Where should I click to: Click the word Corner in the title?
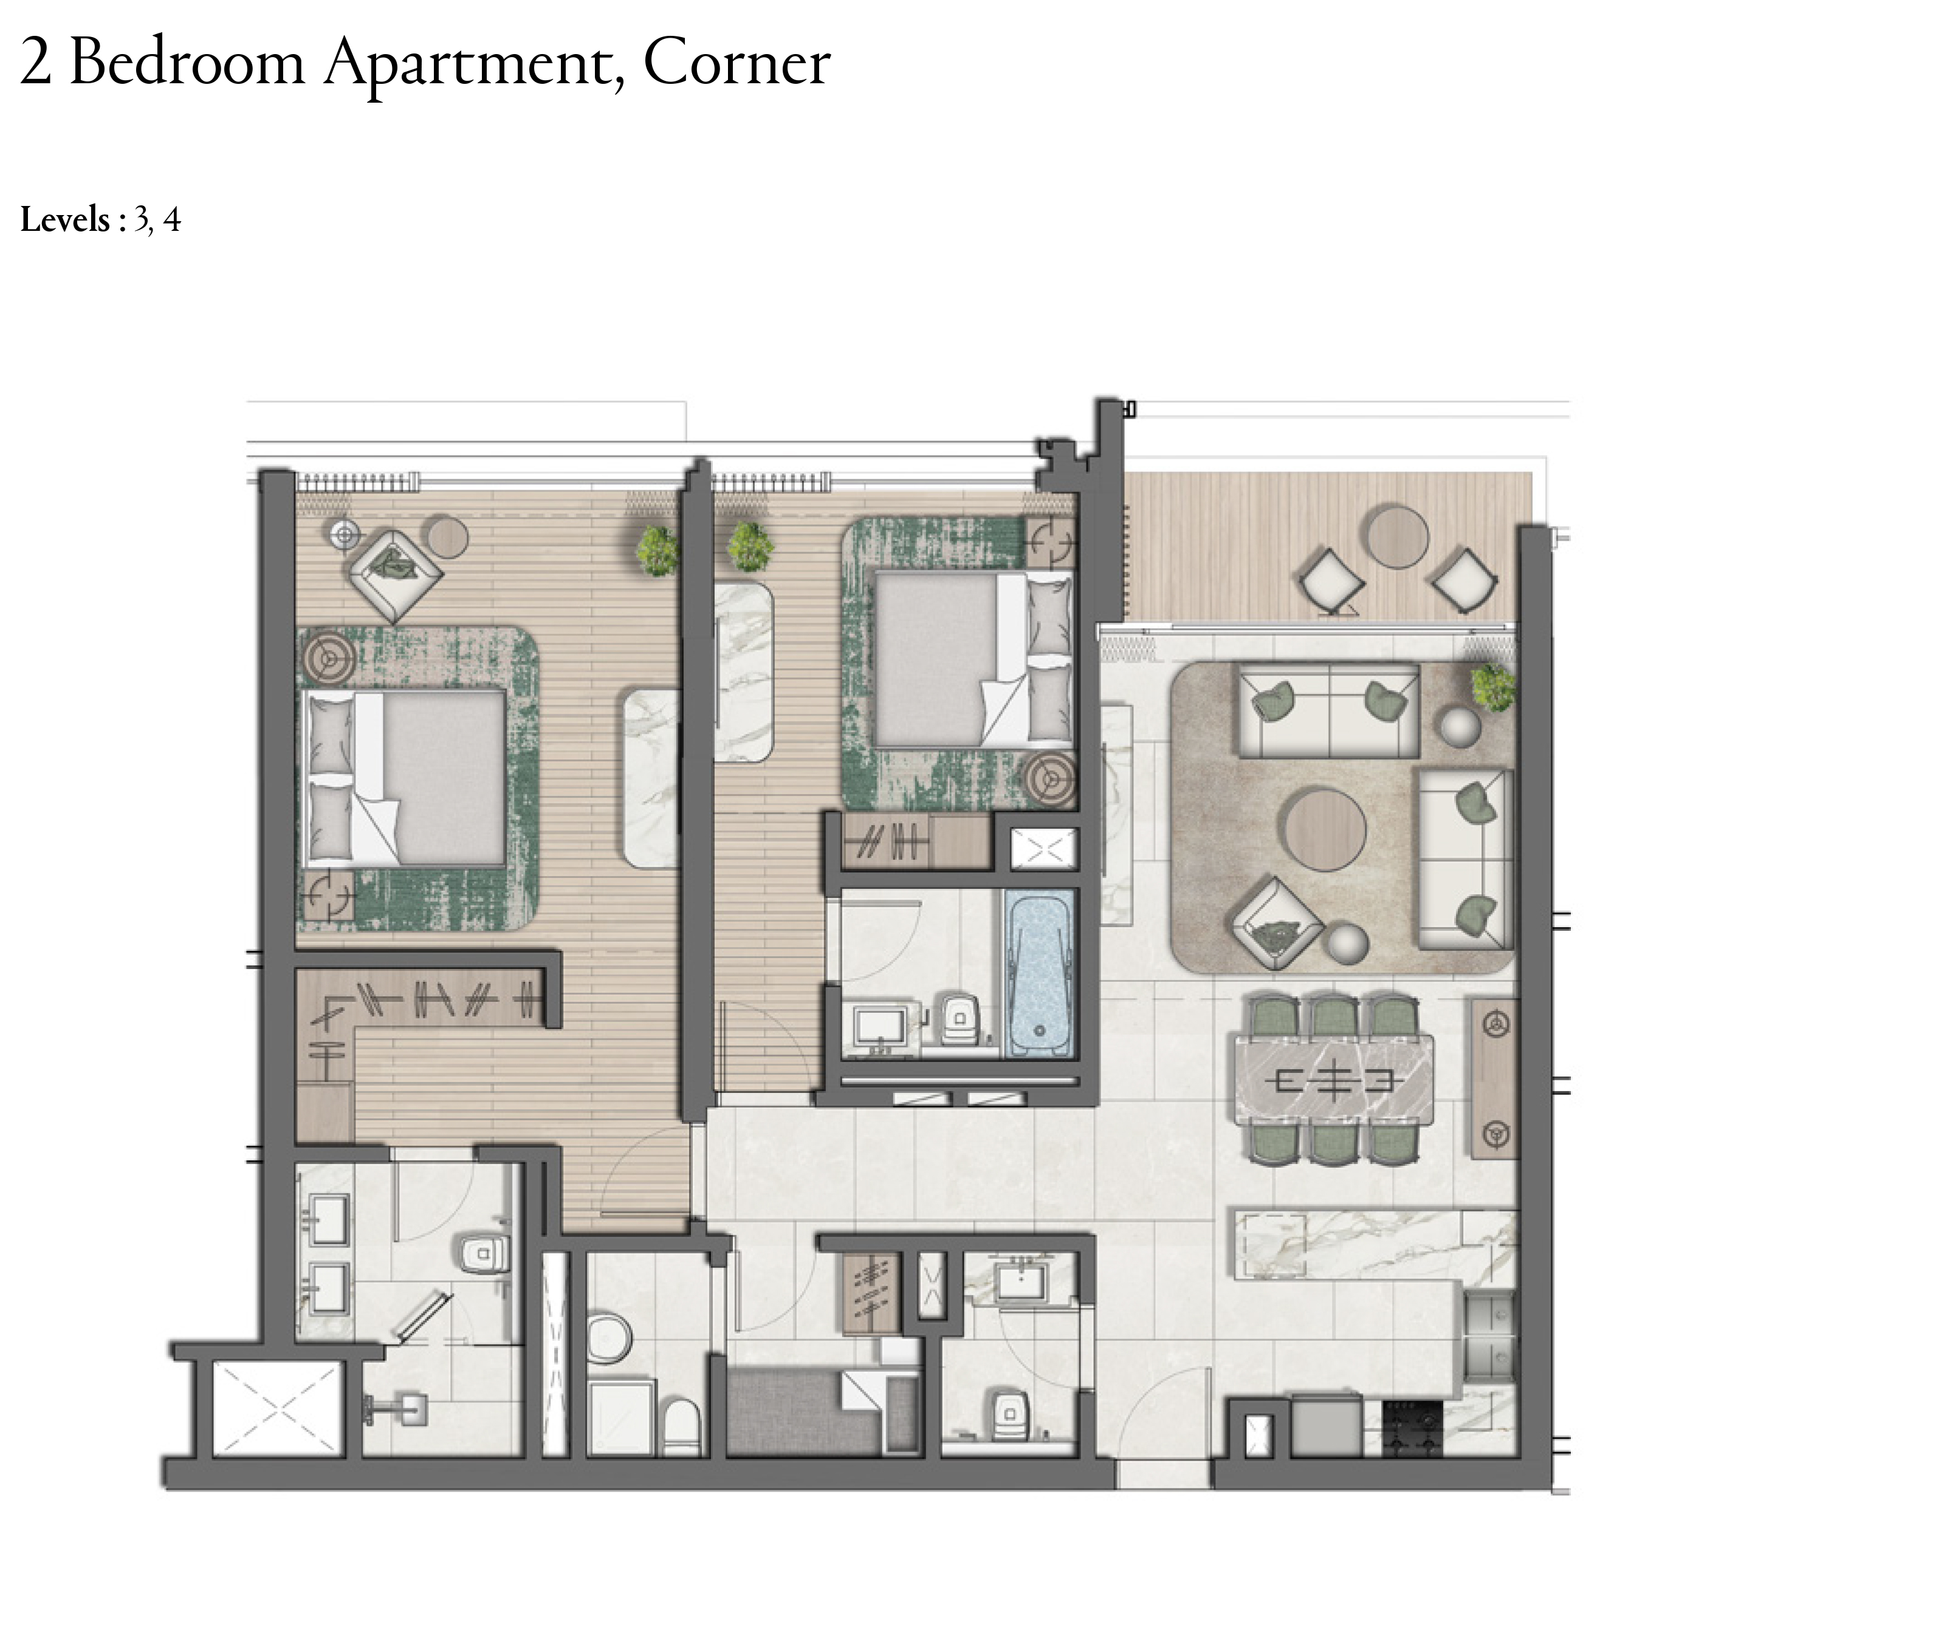[x=736, y=63]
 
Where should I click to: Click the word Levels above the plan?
[x=65, y=220]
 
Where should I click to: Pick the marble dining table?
[x=1334, y=1080]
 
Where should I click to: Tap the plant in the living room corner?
[x=1493, y=688]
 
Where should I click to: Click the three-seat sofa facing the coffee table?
[x=1328, y=709]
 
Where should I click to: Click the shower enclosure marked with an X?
[x=278, y=1407]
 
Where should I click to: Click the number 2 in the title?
[x=35, y=63]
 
